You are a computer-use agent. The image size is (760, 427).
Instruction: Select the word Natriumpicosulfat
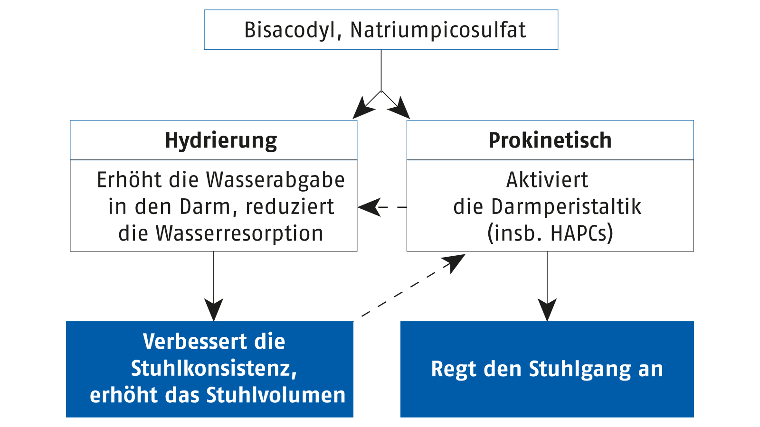point(438,30)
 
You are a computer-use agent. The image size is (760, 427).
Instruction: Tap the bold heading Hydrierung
point(221,140)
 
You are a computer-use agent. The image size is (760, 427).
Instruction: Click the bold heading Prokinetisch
point(550,140)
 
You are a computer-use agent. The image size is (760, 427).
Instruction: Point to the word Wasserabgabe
point(275,180)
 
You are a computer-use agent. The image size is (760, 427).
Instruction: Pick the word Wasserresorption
point(239,233)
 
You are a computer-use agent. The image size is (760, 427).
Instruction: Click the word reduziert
point(290,206)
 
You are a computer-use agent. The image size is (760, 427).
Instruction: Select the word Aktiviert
point(547,180)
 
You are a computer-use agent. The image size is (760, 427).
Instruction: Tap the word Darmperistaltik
point(566,207)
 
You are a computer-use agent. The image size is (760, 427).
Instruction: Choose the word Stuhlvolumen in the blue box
point(275,395)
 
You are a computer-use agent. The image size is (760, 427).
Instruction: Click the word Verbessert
point(194,341)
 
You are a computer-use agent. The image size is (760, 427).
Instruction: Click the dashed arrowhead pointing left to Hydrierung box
point(369,207)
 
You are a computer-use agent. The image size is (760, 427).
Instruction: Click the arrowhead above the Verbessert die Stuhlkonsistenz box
point(214,310)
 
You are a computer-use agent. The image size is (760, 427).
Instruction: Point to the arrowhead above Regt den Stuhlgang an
point(547,310)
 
